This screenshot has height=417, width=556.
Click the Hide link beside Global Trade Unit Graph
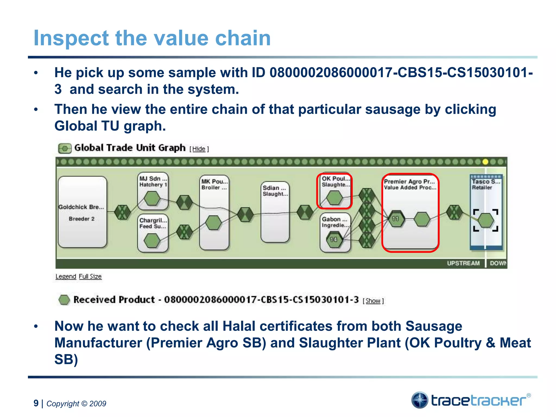pyautogui.click(x=199, y=149)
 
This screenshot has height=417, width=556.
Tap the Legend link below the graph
pyautogui.click(x=66, y=276)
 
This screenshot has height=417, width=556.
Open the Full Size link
pyautogui.click(x=90, y=276)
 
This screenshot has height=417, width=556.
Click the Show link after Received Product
pyautogui.click(x=373, y=301)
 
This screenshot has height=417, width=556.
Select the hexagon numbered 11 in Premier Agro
pyautogui.click(x=396, y=219)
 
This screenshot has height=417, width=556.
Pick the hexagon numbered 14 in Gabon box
pyautogui.click(x=334, y=239)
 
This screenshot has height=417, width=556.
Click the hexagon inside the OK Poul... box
pyautogui.click(x=334, y=198)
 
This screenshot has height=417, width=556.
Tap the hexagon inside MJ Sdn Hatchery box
pyautogui.click(x=152, y=198)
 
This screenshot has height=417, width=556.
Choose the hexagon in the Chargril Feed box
pyautogui.click(x=152, y=241)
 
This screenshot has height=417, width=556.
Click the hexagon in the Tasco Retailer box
pyautogui.click(x=486, y=220)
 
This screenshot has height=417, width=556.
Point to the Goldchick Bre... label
pyautogui.click(x=81, y=207)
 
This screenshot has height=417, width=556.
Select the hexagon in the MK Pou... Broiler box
pyautogui.click(x=214, y=223)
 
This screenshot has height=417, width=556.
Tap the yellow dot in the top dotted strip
pyautogui.click(x=485, y=162)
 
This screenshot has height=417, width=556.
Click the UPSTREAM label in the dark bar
pyautogui.click(x=463, y=263)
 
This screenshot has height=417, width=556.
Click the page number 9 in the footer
pyautogui.click(x=36, y=403)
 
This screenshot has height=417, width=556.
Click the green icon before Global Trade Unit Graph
pyautogui.click(x=65, y=149)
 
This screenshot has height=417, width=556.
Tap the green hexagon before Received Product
pyautogui.click(x=64, y=300)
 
